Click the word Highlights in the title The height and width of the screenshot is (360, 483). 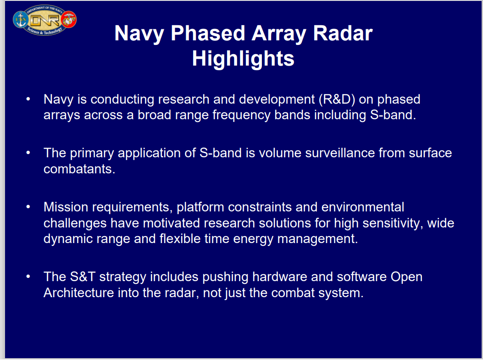[243, 59]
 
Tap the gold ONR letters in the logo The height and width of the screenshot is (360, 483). [45, 21]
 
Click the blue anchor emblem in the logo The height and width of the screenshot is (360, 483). [21, 20]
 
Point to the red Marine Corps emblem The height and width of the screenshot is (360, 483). [69, 19]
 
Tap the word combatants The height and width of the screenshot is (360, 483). [79, 169]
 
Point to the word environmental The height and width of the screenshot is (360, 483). [362, 207]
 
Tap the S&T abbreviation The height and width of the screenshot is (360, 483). [83, 277]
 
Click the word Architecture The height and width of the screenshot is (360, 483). [78, 293]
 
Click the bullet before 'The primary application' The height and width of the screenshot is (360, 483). [28, 152]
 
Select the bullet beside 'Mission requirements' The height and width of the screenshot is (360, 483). [28, 207]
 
